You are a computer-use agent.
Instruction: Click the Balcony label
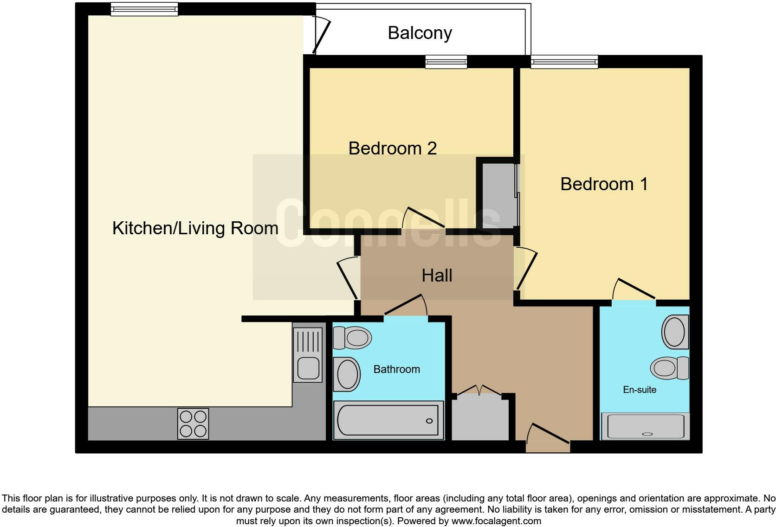[420, 33]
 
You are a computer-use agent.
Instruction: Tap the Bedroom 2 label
[393, 148]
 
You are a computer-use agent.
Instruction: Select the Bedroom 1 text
[604, 184]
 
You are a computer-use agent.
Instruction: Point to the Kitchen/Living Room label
[195, 229]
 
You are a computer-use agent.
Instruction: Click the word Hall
[437, 276]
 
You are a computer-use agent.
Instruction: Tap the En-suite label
[640, 390]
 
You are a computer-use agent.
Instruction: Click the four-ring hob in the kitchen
[193, 424]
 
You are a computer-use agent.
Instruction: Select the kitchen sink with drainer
[308, 354]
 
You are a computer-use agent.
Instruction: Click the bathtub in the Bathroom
[388, 420]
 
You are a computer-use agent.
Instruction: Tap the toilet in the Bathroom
[352, 338]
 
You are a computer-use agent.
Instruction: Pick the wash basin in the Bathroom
[347, 374]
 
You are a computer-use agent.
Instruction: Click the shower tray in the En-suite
[645, 426]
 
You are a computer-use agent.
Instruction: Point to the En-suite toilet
[670, 368]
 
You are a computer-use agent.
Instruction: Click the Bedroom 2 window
[446, 62]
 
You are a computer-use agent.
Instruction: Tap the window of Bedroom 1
[564, 62]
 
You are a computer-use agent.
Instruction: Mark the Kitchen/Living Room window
[144, 9]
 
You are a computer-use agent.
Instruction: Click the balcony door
[321, 36]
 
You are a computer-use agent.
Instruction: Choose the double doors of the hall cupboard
[479, 391]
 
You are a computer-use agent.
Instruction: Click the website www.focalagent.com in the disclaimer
[496, 521]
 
